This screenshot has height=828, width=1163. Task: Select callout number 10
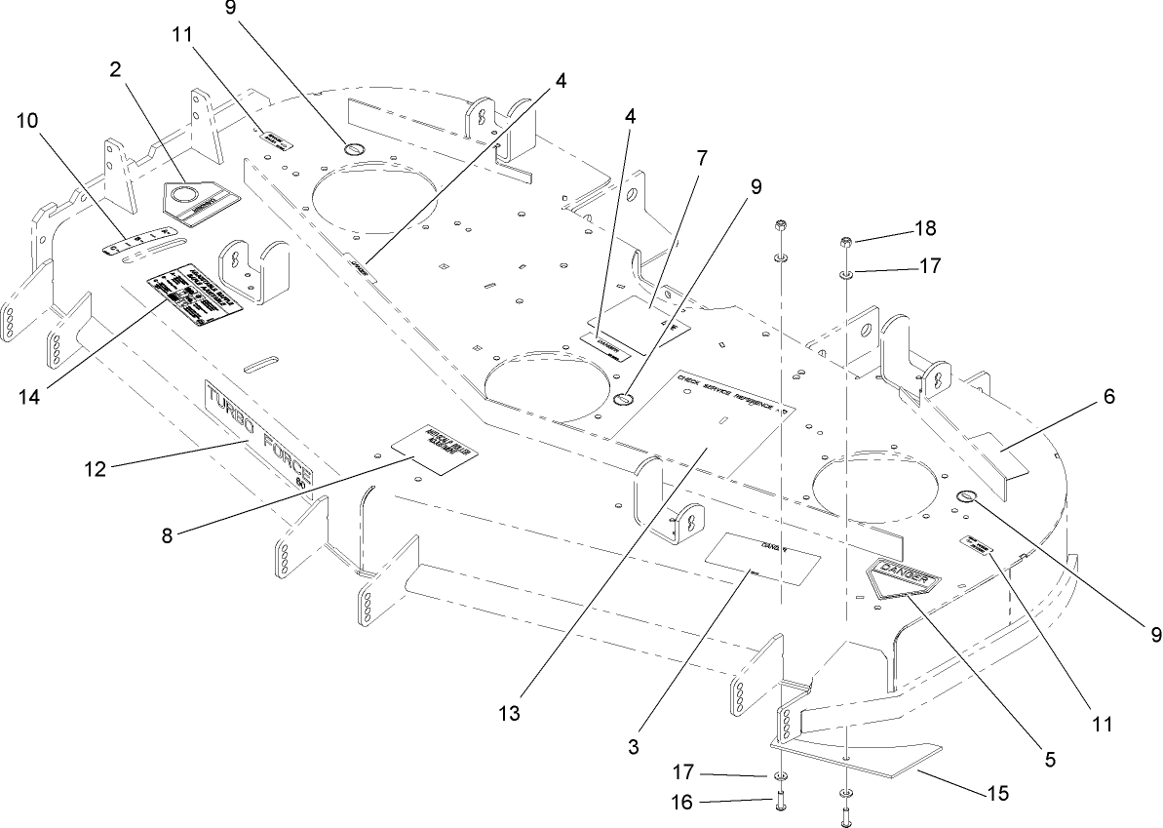pos(29,120)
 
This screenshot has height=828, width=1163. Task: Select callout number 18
pos(924,229)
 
